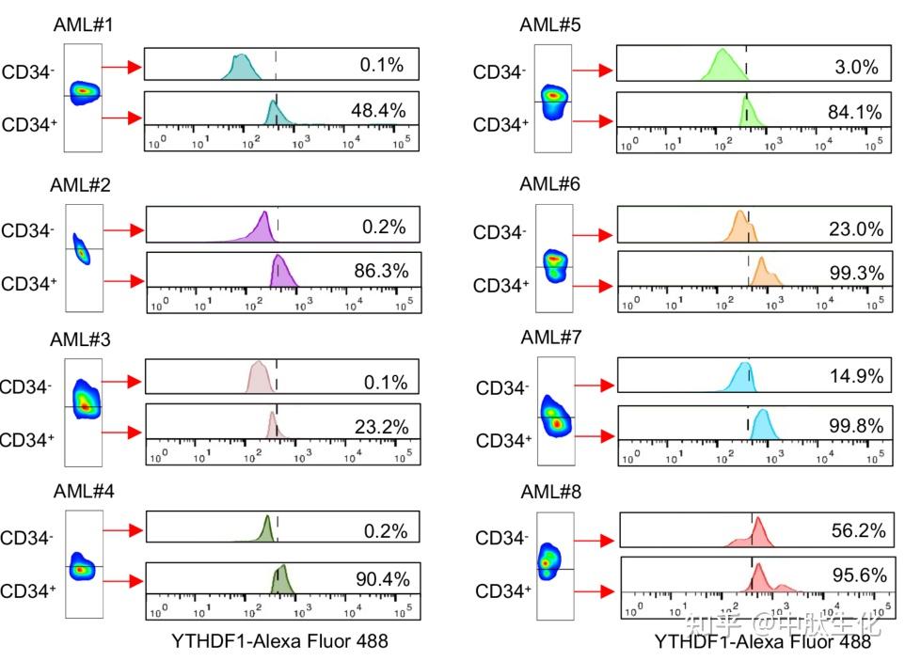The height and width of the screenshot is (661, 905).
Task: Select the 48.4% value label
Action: [378, 111]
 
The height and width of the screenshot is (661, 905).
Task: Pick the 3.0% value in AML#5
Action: [856, 68]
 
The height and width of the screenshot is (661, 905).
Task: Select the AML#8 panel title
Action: [550, 492]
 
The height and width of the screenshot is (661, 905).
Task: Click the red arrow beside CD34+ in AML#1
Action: [122, 118]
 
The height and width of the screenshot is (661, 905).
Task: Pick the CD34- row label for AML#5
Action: [499, 71]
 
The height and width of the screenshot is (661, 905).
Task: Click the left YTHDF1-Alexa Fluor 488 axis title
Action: [279, 641]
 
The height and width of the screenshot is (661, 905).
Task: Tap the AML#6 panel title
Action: [550, 184]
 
